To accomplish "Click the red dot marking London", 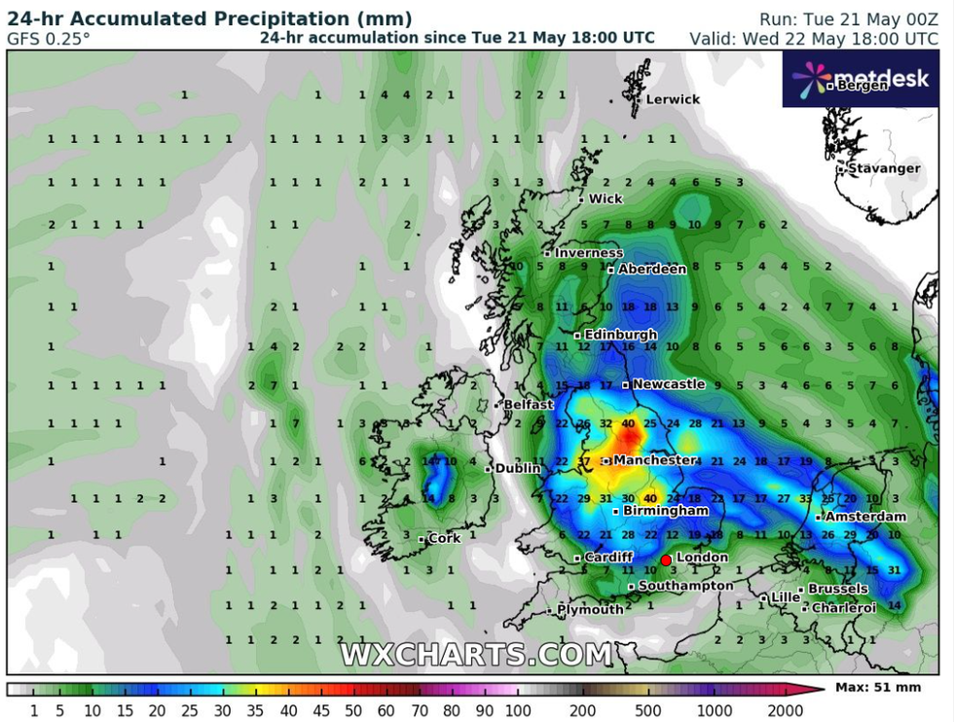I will click(666, 560).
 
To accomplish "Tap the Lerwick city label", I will click(673, 99).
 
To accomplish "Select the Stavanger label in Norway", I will click(883, 168).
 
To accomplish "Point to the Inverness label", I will click(588, 253).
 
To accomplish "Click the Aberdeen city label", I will click(652, 269).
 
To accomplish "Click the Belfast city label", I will click(529, 404).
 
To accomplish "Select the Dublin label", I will click(517, 468).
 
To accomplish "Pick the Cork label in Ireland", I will click(444, 538).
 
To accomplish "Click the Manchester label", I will click(654, 459).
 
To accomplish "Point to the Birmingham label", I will click(666, 510).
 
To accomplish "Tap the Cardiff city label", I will click(609, 557).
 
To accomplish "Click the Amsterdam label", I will click(865, 517).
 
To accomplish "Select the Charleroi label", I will click(843, 607).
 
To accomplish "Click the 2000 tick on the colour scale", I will click(785, 711).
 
